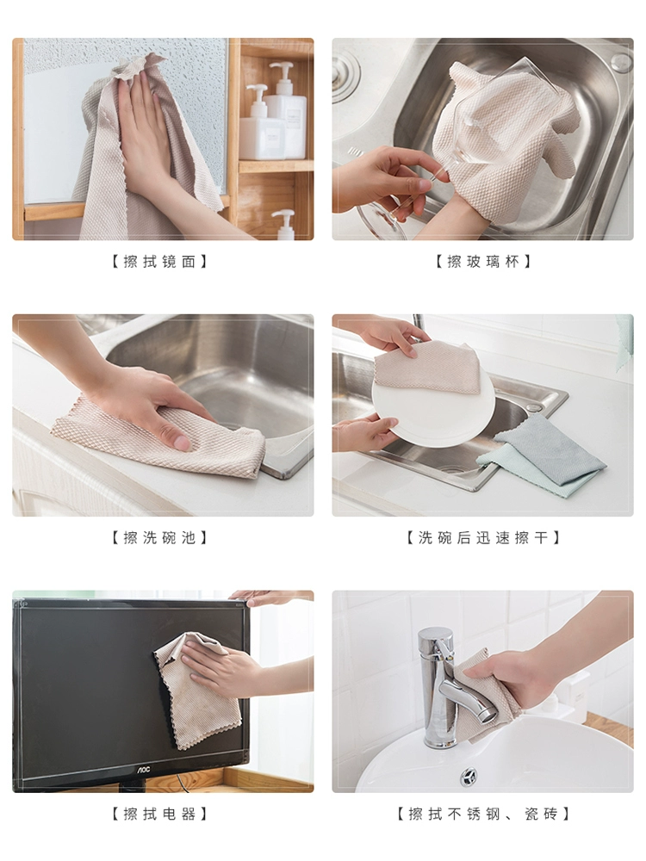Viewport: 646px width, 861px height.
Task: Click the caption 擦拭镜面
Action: coord(160,262)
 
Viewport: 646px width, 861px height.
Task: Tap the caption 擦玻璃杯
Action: coord(483,262)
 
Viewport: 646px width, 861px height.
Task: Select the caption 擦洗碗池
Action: coord(160,537)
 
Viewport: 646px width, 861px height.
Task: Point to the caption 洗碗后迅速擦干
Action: coord(483,537)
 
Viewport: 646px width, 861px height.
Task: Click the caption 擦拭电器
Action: coord(160,814)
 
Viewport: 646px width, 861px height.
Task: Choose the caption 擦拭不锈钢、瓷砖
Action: coord(483,814)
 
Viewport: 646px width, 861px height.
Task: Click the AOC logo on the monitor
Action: coord(143,771)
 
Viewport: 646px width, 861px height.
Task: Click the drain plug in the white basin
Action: coord(469,777)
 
